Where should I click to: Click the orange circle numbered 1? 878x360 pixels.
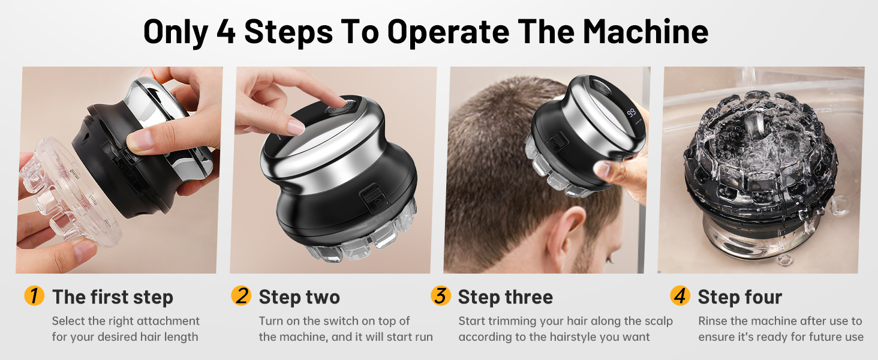point(34,295)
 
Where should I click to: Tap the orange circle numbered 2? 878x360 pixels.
point(241,295)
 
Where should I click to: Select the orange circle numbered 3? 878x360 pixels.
point(441,295)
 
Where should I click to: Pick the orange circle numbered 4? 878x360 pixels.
point(680,295)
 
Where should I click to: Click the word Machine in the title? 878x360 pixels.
point(645,32)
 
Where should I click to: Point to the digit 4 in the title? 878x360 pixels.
point(226,32)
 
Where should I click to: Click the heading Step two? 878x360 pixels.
point(299,297)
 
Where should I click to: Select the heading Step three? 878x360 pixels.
point(505,297)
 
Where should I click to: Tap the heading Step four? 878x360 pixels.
point(739,297)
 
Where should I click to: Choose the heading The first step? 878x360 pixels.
point(113,297)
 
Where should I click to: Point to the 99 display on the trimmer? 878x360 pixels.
point(631,113)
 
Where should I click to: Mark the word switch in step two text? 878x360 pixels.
point(347,321)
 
